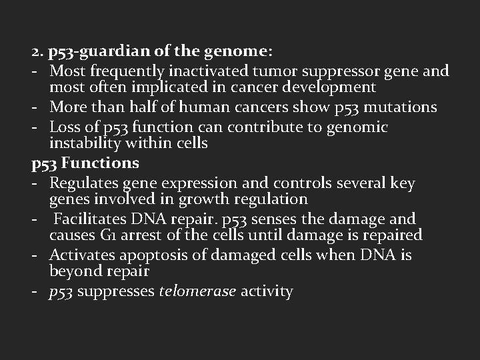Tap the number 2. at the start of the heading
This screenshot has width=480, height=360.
(37, 52)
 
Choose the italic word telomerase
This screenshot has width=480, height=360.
(197, 291)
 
